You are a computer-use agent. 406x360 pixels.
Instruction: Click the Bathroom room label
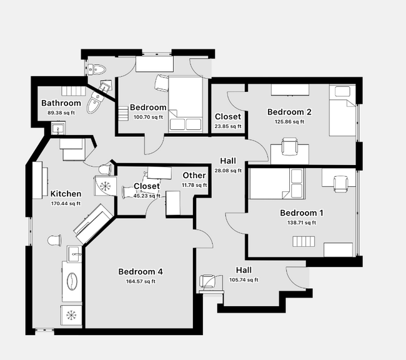61,103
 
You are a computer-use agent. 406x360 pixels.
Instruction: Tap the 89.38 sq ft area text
61,113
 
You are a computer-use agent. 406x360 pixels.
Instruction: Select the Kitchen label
66,194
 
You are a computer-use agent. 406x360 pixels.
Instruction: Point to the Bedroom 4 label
141,272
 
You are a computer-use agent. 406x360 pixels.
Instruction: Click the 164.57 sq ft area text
141,281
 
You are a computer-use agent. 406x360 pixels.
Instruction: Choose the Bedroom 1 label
302,213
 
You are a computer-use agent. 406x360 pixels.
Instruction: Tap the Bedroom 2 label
289,112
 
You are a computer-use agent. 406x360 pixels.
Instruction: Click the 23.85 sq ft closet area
227,126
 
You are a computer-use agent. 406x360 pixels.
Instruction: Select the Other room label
194,176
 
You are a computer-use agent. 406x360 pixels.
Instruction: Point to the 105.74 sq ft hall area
244,280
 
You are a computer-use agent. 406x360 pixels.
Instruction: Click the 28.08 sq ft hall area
227,171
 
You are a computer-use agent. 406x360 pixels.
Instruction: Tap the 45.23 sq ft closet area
147,196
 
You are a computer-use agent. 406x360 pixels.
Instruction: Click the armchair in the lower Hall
209,282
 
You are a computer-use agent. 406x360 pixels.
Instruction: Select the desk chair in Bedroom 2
289,147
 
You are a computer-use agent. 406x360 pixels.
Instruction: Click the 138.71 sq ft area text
302,222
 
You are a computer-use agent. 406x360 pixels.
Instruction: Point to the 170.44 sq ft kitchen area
66,203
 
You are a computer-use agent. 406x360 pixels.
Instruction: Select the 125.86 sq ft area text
289,122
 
